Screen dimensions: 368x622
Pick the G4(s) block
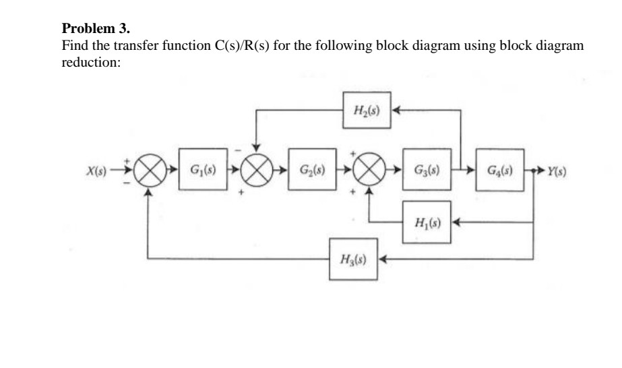[500, 167]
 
